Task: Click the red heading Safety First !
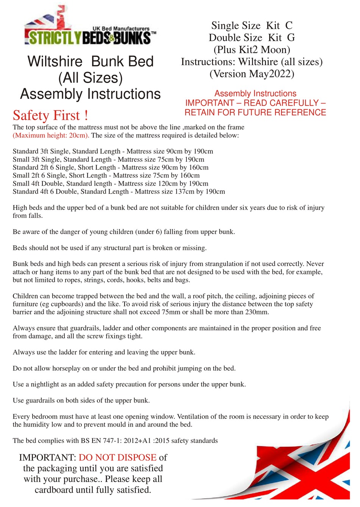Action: click(50, 115)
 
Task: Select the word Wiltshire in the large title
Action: click(55, 61)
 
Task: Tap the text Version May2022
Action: click(252, 74)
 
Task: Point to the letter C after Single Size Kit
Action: click(289, 25)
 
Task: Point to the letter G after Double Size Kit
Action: click(291, 38)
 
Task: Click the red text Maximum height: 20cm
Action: click(51, 135)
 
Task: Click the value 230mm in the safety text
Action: click(256, 312)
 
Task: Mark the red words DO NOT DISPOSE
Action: click(117, 457)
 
